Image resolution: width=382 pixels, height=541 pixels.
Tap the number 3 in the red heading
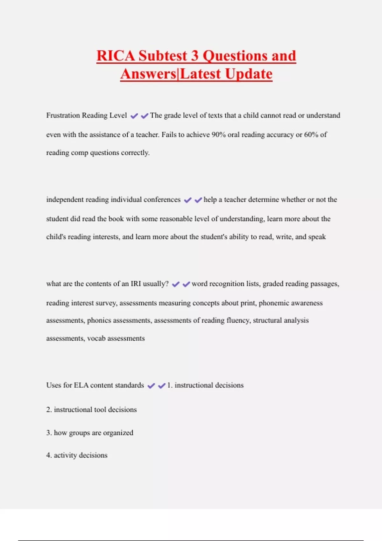pos(195,56)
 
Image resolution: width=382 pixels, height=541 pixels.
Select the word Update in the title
pos(249,74)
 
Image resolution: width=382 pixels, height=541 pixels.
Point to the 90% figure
pos(219,135)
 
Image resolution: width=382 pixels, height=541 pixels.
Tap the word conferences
pos(162,200)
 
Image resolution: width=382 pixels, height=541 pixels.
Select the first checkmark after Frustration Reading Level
pos(134,116)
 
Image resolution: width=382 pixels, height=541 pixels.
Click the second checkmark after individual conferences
pos(198,200)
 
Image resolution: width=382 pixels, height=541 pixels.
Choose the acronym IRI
pos(136,284)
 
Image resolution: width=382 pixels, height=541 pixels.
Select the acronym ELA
pos(81,385)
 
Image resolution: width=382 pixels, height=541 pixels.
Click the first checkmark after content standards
pos(151,386)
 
